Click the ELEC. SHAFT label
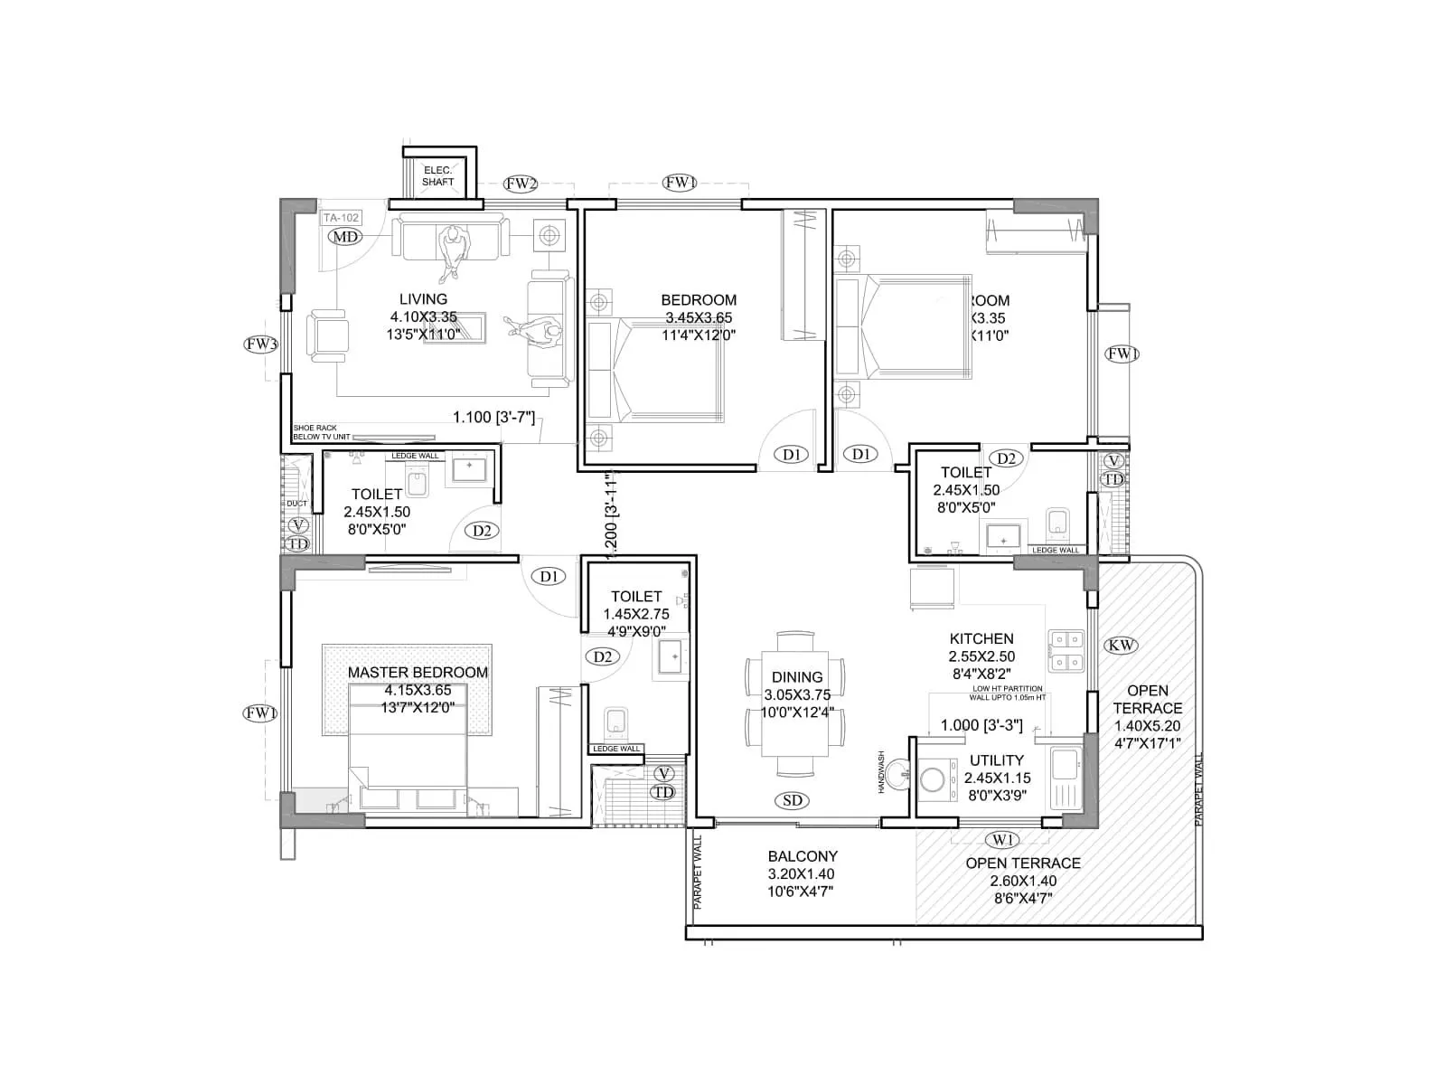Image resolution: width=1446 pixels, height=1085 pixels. [x=438, y=176]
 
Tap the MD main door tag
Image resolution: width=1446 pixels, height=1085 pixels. [x=344, y=237]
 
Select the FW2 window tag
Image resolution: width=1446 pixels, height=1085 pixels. [x=521, y=184]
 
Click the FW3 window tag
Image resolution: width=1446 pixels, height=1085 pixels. [x=260, y=344]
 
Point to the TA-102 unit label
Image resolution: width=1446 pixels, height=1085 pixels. [x=341, y=218]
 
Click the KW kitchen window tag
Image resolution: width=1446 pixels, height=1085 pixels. [x=1121, y=645]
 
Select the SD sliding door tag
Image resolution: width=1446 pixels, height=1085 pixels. [x=793, y=800]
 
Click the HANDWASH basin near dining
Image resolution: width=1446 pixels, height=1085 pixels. [x=898, y=774]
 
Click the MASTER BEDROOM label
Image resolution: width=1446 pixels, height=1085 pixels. [x=418, y=673]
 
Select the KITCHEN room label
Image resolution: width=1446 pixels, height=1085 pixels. [x=981, y=638]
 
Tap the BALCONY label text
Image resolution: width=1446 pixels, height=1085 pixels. [x=803, y=856]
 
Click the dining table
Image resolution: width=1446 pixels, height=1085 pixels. [x=794, y=703]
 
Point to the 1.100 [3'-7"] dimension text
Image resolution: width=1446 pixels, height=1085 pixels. [x=494, y=417]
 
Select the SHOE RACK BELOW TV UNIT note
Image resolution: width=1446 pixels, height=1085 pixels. [x=321, y=432]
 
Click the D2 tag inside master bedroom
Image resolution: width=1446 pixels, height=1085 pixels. [x=603, y=656]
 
